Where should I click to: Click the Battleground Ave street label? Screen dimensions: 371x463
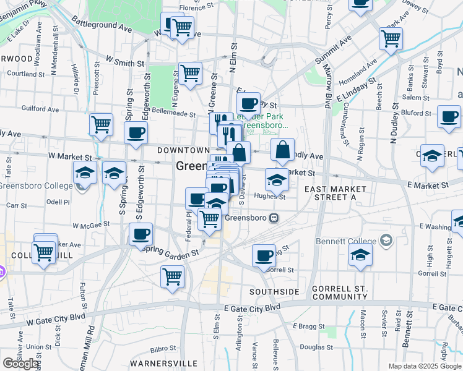(x=102, y=24)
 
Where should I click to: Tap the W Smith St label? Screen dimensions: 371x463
(x=125, y=62)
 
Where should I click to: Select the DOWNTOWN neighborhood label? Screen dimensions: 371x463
(x=183, y=150)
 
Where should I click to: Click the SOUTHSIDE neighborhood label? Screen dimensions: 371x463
(x=274, y=291)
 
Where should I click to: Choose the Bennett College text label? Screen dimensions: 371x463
(x=351, y=240)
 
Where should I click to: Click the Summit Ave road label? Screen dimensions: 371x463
(x=332, y=49)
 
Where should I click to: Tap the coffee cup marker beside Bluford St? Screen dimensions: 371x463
(x=449, y=116)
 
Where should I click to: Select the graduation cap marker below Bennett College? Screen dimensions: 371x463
(x=360, y=254)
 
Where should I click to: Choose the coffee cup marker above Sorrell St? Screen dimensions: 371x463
(x=264, y=255)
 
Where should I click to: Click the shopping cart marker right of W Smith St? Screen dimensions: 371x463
(x=190, y=73)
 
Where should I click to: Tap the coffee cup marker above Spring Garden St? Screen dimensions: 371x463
(x=141, y=234)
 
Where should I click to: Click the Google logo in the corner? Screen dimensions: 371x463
(x=20, y=364)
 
